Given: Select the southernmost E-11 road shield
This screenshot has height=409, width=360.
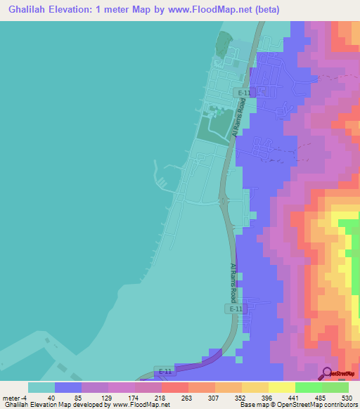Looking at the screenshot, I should tap(165, 371).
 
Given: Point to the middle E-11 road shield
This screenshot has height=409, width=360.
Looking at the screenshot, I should tap(235, 309).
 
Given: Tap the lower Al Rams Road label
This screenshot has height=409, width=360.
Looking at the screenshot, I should tap(233, 283).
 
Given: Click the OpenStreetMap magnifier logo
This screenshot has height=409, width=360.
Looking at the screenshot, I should tap(326, 373).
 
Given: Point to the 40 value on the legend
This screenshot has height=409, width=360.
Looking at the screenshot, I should tap(51, 397).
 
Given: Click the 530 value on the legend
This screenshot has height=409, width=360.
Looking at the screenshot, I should tap(345, 397).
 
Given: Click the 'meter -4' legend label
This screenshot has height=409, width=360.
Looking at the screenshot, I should tap(14, 397).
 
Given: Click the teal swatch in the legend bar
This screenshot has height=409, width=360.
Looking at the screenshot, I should tap(41, 387).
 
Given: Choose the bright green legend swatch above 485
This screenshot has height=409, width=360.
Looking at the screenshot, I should tap(308, 387).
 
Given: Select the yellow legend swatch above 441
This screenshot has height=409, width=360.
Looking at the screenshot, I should tap(281, 387).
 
